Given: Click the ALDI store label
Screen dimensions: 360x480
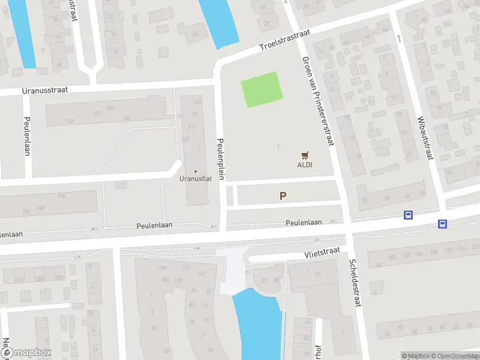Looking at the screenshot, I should click(x=305, y=165).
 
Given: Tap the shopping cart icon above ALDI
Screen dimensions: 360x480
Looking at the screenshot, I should click(x=305, y=155).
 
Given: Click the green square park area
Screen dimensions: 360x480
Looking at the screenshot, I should click(x=262, y=90).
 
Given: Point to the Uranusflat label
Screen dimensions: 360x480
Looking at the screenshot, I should click(x=195, y=178).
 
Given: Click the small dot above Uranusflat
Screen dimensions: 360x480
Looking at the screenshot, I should click(x=195, y=172).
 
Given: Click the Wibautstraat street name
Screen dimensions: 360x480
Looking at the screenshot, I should click(x=424, y=138).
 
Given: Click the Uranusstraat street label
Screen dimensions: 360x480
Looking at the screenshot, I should click(x=44, y=89).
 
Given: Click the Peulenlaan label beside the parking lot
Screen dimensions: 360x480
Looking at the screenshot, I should click(x=304, y=222).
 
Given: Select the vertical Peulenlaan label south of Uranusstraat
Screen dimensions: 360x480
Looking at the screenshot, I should click(x=27, y=136).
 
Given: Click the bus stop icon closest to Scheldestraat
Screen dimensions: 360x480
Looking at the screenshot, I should click(x=408, y=215).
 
